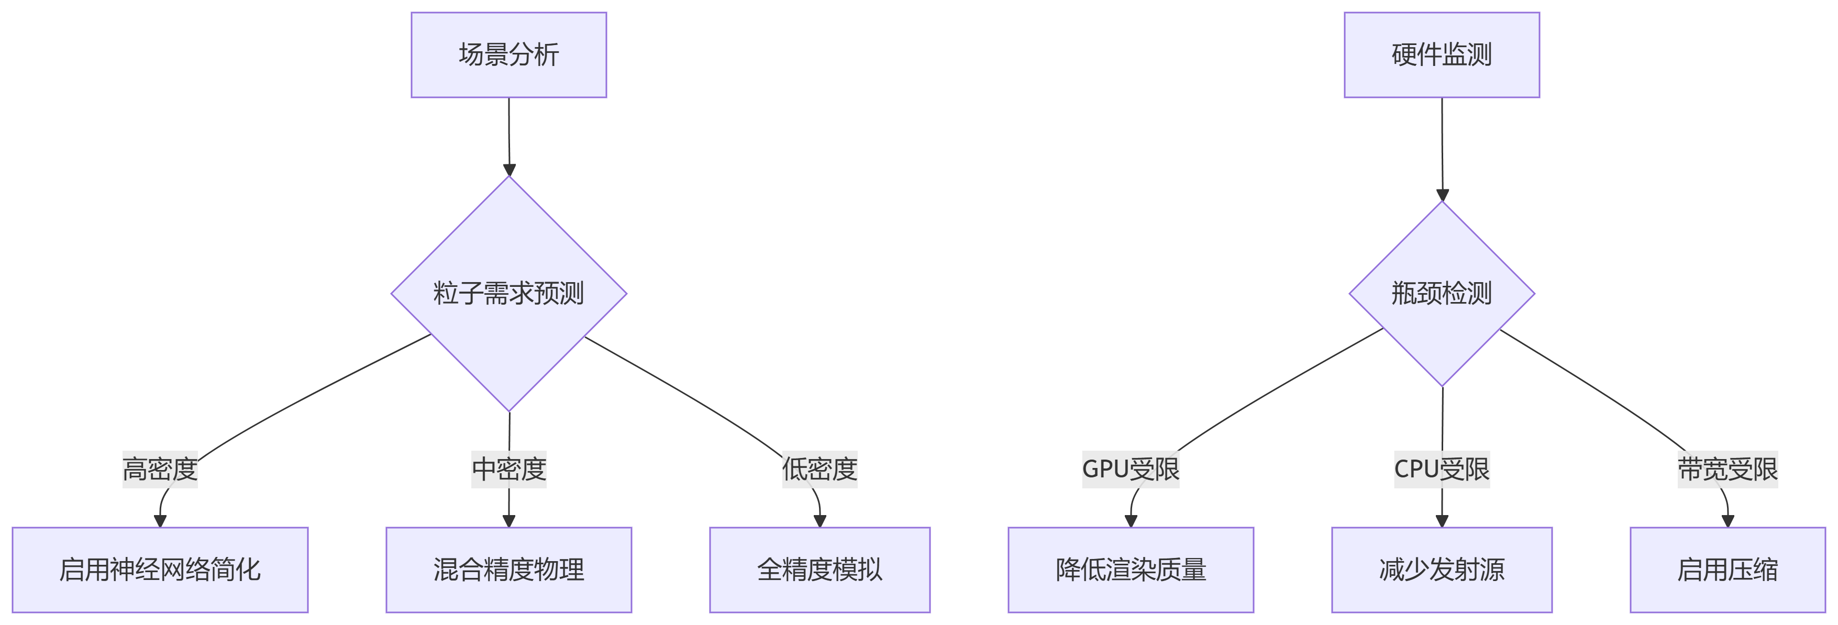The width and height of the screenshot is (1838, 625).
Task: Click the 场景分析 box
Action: [x=509, y=55]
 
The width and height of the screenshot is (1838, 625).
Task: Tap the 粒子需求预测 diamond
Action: [x=509, y=293]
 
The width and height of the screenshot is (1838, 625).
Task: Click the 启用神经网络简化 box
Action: [x=160, y=570]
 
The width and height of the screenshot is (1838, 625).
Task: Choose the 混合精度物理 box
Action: [x=509, y=570]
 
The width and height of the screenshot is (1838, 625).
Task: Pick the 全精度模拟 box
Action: [x=820, y=570]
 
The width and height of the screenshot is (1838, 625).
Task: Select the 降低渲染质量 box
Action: [x=1131, y=570]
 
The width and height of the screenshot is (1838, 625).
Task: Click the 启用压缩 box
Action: [x=1728, y=570]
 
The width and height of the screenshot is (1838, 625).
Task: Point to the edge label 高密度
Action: [x=160, y=469]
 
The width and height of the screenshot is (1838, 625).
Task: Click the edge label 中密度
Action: [x=509, y=469]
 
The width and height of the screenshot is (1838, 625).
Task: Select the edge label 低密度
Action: [x=820, y=469]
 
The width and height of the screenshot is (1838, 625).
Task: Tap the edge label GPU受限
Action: [x=1131, y=469]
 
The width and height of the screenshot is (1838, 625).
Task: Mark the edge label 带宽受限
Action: [x=1728, y=469]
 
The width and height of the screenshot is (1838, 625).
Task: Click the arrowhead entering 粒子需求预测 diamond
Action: [x=510, y=170]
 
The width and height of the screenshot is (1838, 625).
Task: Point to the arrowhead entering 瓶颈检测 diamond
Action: [x=1442, y=195]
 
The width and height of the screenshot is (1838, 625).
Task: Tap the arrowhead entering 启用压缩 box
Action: [x=1728, y=521]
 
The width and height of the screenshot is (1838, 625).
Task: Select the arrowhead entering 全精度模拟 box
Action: [x=820, y=521]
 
